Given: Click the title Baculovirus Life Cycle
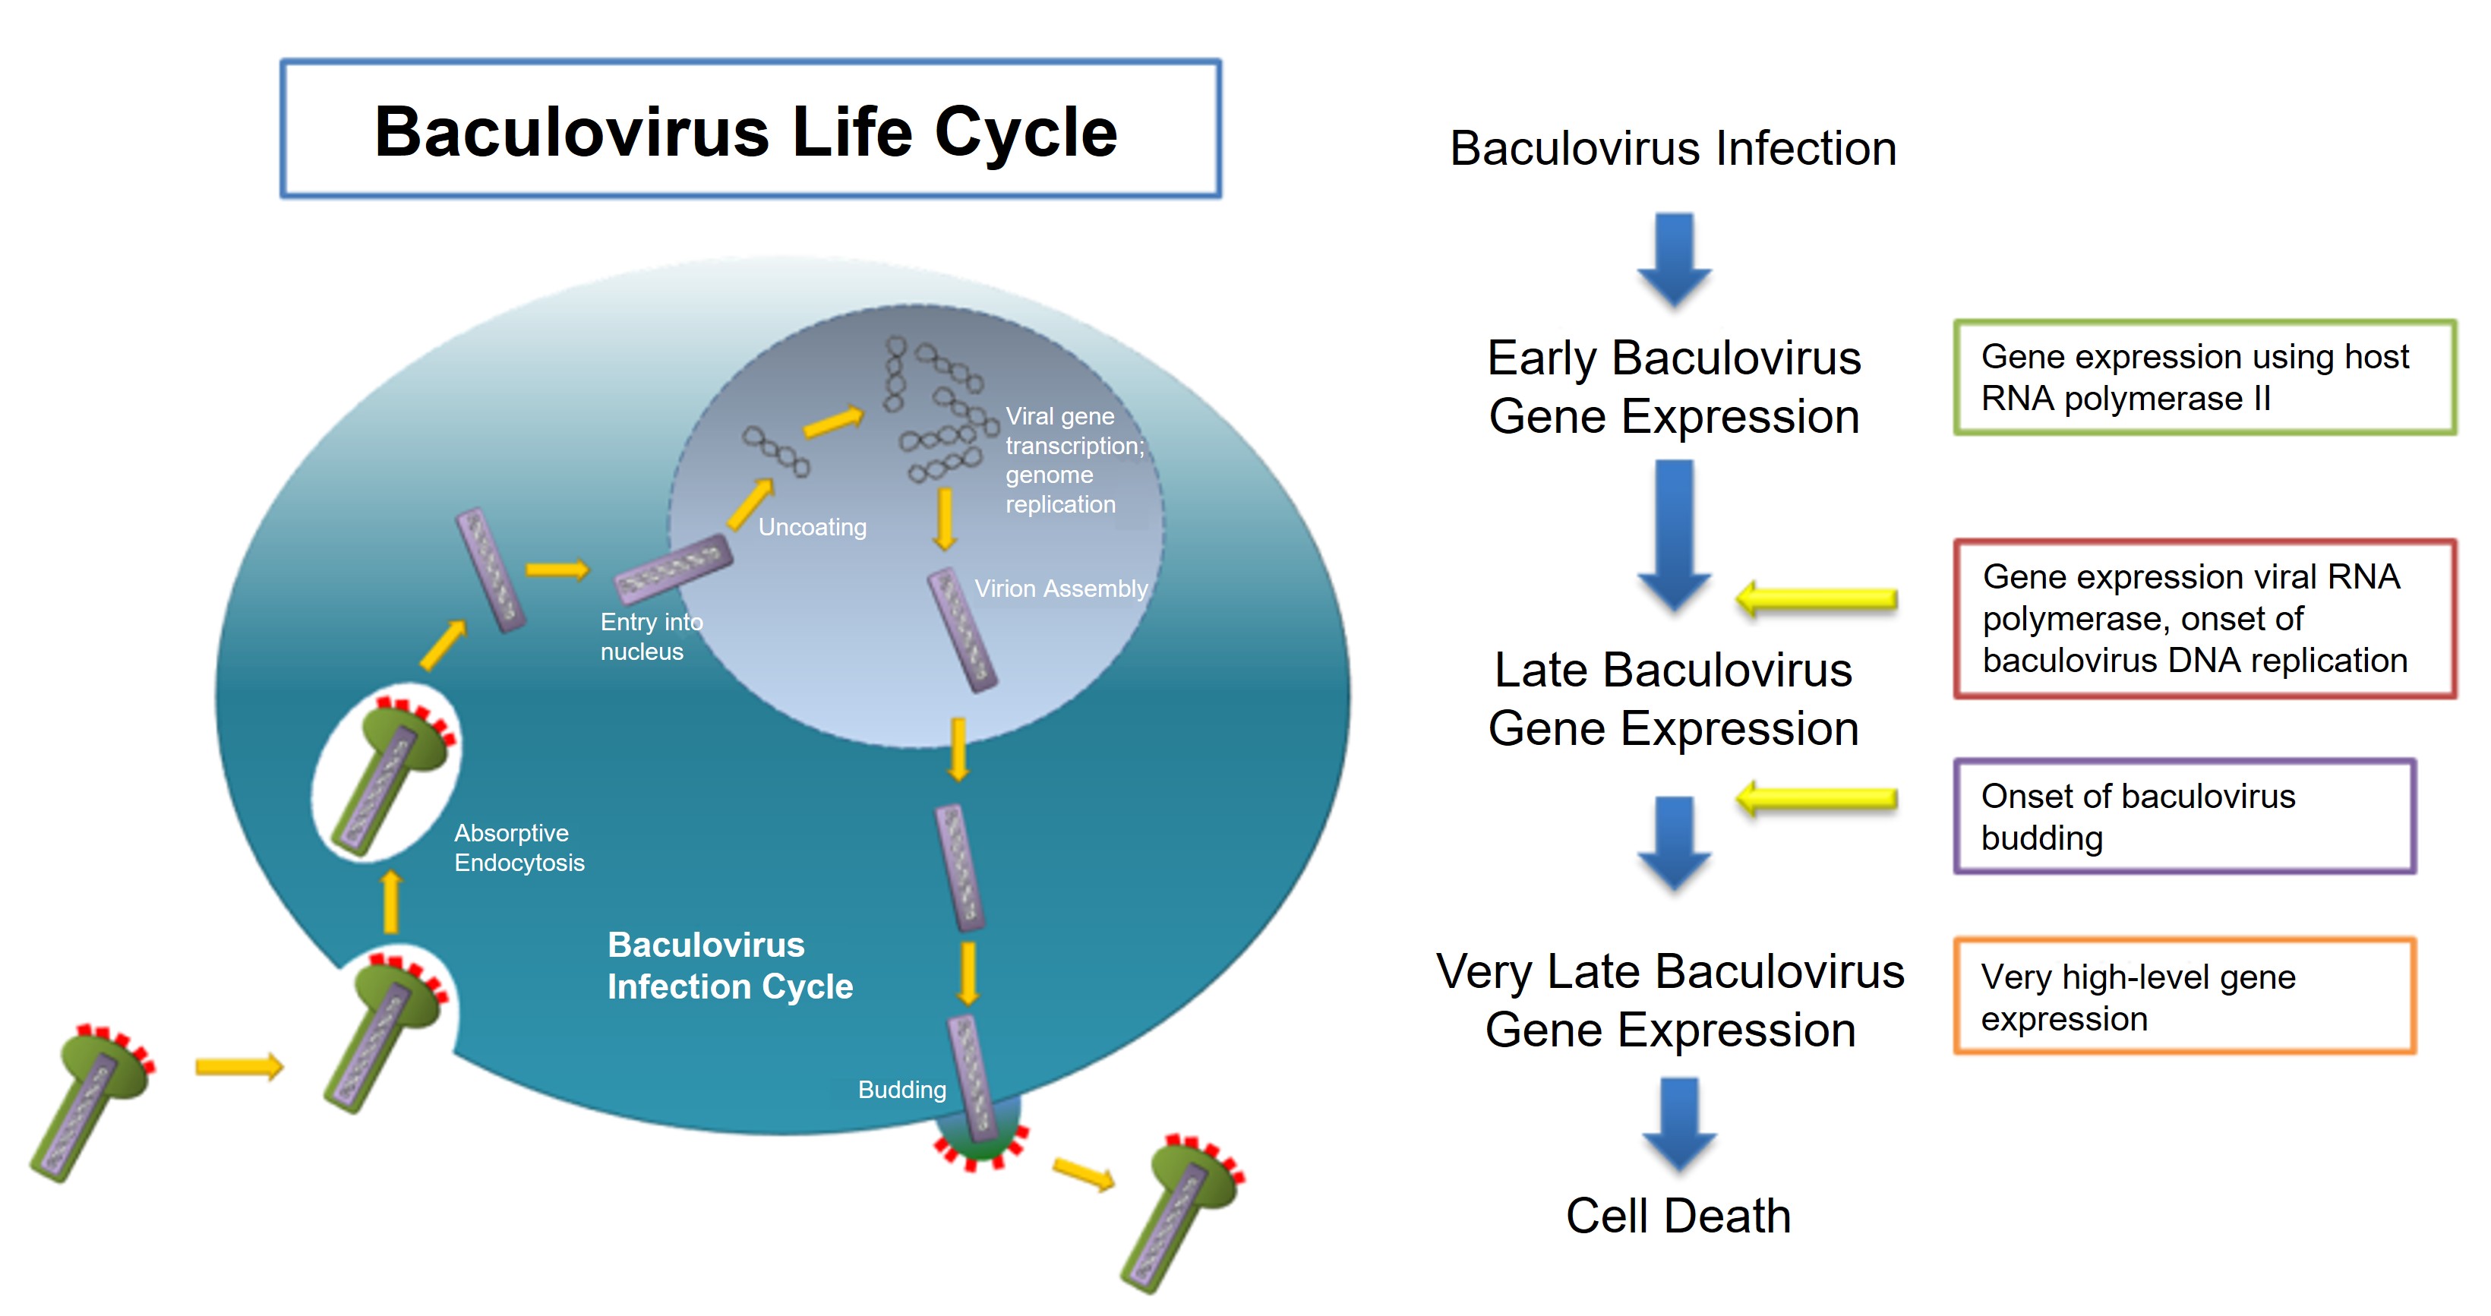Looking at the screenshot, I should (x=746, y=131).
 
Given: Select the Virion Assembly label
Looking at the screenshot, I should (x=1060, y=588).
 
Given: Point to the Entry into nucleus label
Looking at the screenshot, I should (x=650, y=636).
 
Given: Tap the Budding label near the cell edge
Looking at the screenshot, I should (x=901, y=1090).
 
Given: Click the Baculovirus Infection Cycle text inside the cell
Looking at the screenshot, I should (x=729, y=965).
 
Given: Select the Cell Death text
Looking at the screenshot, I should (x=1678, y=1216).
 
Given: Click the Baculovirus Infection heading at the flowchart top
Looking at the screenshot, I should (x=1673, y=149).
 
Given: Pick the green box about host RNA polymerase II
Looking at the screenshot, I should (x=2204, y=377).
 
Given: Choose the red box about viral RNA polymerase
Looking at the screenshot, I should (x=2204, y=619).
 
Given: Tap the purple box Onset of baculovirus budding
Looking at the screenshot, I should (x=2183, y=817).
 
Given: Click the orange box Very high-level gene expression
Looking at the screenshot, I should (x=2183, y=997).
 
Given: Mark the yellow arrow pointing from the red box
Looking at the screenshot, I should (x=1816, y=599).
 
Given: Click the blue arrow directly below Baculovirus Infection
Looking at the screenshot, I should (x=1674, y=259).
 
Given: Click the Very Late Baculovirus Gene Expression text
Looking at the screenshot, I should (x=1670, y=1001).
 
